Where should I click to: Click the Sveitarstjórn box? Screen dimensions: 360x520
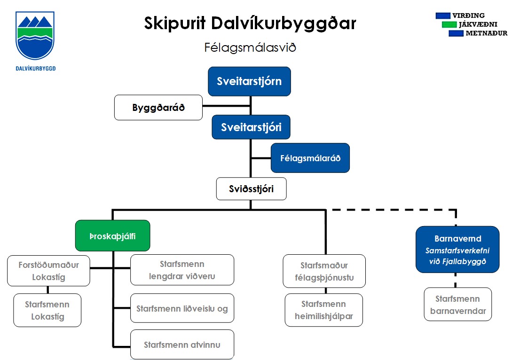click(x=249, y=81)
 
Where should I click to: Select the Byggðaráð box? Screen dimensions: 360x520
click(x=158, y=107)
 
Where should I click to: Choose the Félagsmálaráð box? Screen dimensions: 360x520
click(x=310, y=158)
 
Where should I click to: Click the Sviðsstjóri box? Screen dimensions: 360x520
click(x=251, y=189)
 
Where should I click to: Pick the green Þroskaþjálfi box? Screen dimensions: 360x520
click(x=113, y=235)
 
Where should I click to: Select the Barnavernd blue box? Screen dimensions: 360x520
click(x=457, y=250)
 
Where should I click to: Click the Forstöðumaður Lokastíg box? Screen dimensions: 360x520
click(x=48, y=271)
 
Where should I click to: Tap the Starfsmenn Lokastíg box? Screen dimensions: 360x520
click(x=47, y=310)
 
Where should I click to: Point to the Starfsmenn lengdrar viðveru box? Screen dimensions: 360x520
click(x=182, y=270)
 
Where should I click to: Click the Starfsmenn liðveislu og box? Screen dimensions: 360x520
click(x=182, y=308)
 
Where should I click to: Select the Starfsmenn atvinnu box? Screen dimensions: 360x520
click(x=182, y=344)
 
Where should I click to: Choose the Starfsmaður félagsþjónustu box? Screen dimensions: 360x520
click(x=324, y=271)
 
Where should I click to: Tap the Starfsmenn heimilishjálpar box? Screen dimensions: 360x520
click(x=323, y=310)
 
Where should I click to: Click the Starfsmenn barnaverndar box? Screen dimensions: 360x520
click(x=457, y=305)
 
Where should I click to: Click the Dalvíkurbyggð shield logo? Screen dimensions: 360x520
click(x=35, y=35)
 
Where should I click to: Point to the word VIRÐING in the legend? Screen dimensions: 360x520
click(x=468, y=16)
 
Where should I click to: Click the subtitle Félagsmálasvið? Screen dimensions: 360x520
click(x=250, y=47)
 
